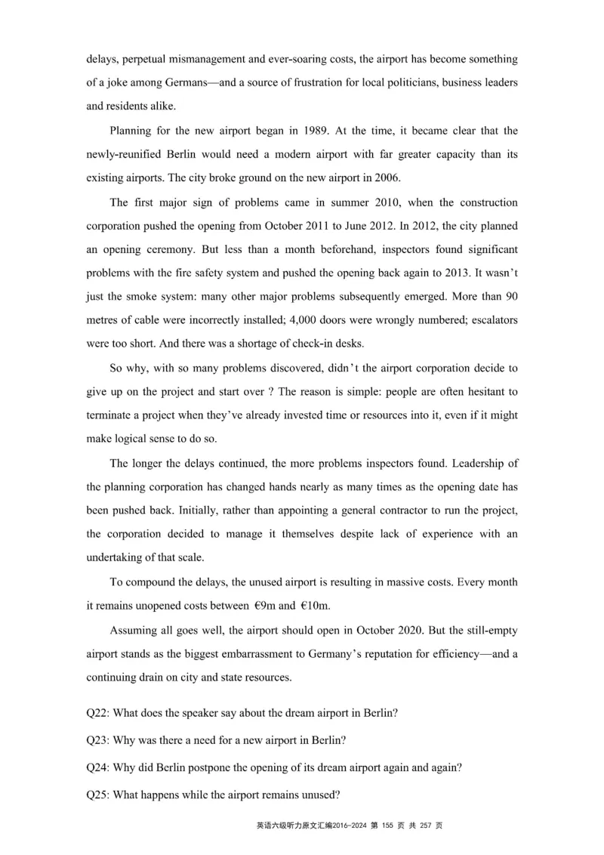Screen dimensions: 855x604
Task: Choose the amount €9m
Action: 267,606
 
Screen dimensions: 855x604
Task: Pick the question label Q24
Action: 98,767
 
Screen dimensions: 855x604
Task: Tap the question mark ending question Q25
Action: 337,794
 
